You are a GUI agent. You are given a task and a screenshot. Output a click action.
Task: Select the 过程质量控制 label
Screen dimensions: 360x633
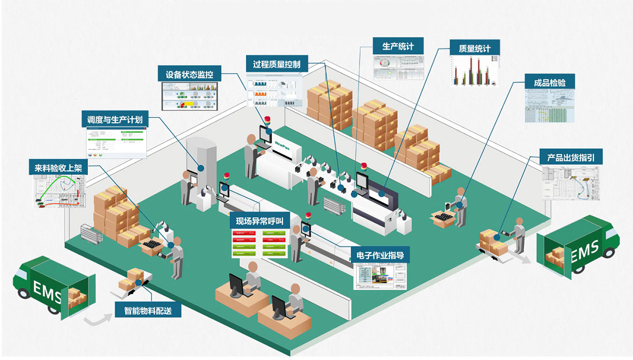277,64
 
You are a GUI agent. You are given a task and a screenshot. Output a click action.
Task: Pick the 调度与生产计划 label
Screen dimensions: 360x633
115,120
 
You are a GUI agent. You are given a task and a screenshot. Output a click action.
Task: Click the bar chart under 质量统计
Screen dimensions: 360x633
475,70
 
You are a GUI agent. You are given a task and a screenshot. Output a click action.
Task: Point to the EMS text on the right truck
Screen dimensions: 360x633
585,251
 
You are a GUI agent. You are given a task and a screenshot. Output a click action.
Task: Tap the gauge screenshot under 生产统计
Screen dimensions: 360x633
398,68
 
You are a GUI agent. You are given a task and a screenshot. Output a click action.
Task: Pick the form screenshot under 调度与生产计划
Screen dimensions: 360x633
115,142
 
